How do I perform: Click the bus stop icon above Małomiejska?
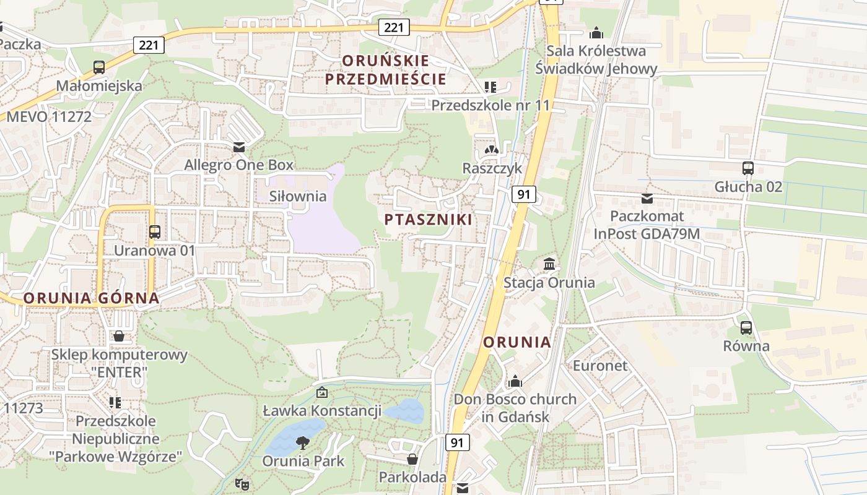pos(99,67)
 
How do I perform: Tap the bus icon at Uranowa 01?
pos(155,232)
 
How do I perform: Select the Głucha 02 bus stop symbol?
pos(748,168)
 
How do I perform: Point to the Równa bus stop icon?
pos(746,327)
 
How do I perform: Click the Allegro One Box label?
pos(238,165)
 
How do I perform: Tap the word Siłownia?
pos(298,196)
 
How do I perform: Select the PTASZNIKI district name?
pos(428,220)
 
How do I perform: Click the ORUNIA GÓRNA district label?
pos(92,298)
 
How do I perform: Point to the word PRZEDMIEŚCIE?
pos(385,79)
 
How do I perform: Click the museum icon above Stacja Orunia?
pos(549,264)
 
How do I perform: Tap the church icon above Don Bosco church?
pos(515,381)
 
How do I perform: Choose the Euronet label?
pos(599,365)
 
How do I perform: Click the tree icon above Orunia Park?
pos(303,442)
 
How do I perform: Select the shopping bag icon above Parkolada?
pos(412,459)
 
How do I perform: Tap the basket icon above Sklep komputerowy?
pos(119,336)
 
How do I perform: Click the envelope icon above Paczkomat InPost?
pos(647,198)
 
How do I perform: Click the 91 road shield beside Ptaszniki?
pos(524,195)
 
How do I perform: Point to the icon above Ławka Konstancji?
pos(322,392)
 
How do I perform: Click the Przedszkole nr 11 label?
pos(490,105)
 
